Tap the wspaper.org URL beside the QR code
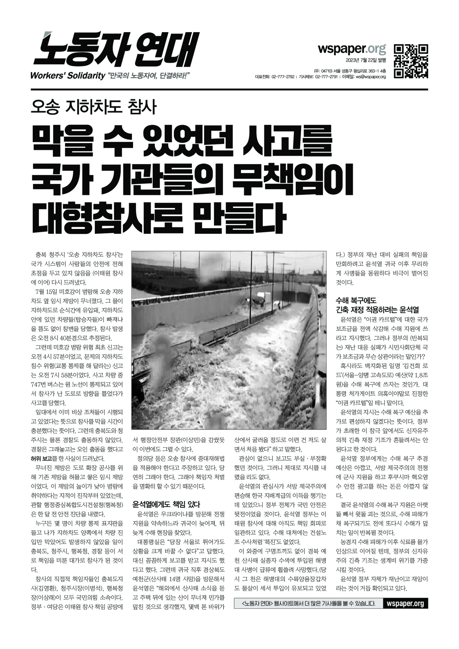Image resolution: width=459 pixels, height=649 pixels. click(x=352, y=49)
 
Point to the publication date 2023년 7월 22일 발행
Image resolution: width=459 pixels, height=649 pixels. click(x=366, y=60)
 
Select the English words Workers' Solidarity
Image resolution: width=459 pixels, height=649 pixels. click(x=68, y=76)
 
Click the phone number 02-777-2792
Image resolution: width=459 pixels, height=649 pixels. click(x=283, y=77)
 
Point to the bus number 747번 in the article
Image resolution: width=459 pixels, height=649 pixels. click(x=40, y=384)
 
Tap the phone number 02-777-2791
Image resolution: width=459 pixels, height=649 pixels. click(x=326, y=77)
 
